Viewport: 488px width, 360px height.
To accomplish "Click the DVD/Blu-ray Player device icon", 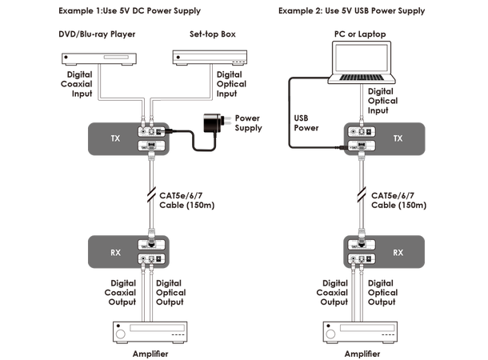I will (94, 58).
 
